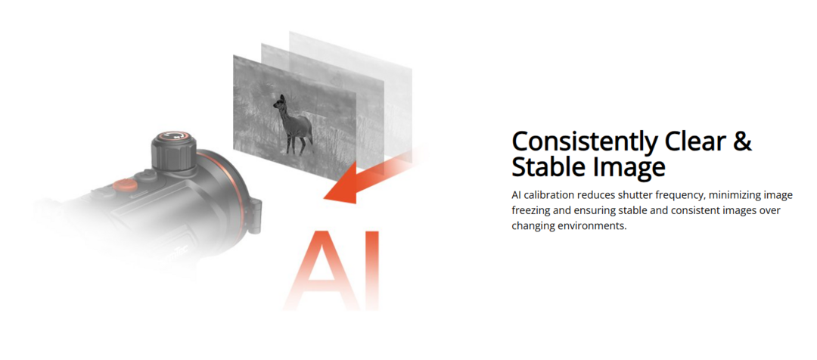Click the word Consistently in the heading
[x=584, y=141]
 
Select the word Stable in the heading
[x=548, y=167]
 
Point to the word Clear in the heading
[x=694, y=141]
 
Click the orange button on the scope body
[x=125, y=185]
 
